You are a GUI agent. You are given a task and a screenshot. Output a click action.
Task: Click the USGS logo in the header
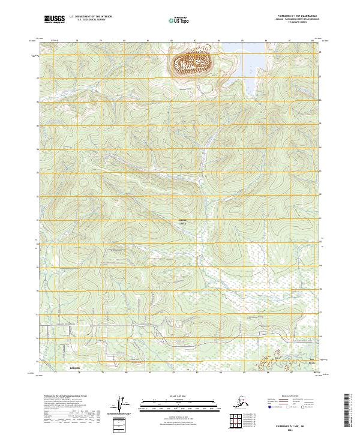pos(53,20)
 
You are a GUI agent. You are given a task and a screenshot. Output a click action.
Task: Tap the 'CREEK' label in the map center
pos(182,223)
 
